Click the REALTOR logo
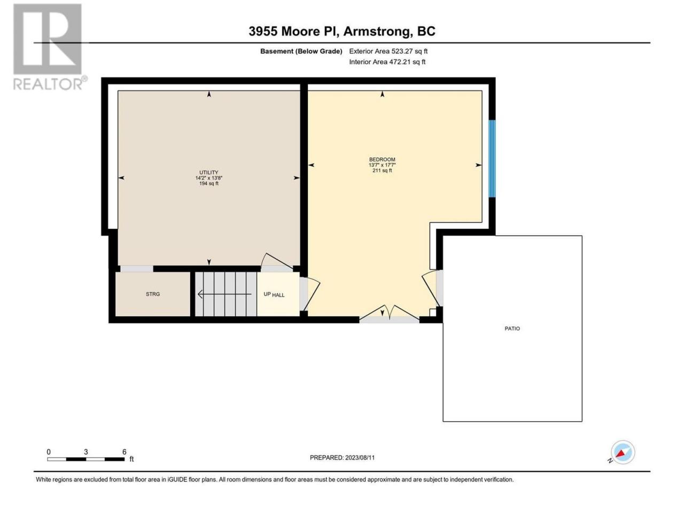click(x=50, y=47)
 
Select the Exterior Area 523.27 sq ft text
click(x=388, y=51)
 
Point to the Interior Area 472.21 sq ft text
click(x=387, y=61)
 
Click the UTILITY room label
click(x=209, y=172)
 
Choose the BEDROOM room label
click(x=382, y=159)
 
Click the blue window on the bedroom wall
click(x=492, y=159)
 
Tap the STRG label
click(x=153, y=294)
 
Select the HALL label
click(x=278, y=295)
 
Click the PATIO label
click(x=512, y=328)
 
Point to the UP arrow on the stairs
click(x=224, y=294)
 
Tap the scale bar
click(x=86, y=459)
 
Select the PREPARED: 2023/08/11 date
click(x=342, y=457)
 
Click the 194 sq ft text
click(x=209, y=183)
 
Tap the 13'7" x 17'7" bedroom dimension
click(x=382, y=165)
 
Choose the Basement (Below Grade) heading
click(x=301, y=51)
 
